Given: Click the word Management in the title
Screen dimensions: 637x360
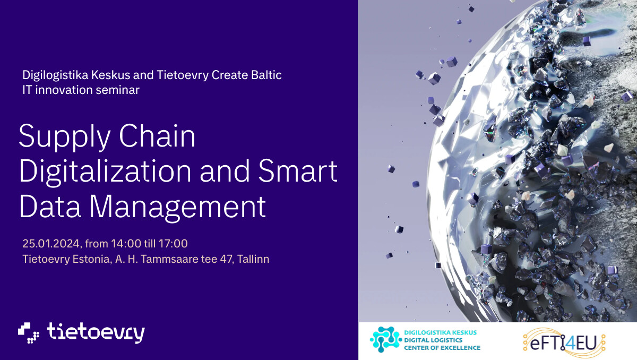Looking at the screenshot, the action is coord(177,208).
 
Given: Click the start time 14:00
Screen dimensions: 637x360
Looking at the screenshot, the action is coord(126,244).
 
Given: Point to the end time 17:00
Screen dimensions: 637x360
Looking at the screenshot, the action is coord(173,244).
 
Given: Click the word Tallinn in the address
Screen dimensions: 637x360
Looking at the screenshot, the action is coord(253,259).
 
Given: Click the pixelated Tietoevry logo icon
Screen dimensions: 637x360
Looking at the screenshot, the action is coord(29,333).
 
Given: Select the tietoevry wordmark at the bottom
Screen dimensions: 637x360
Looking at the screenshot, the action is coord(96,333).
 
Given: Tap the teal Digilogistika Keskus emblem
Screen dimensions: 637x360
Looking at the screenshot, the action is coord(386,339).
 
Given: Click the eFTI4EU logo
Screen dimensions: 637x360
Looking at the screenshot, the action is coord(564,342).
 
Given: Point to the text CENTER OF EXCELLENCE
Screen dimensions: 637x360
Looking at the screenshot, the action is coord(442,348).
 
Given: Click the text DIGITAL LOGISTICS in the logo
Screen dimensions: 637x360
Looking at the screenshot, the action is coord(433,340).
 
